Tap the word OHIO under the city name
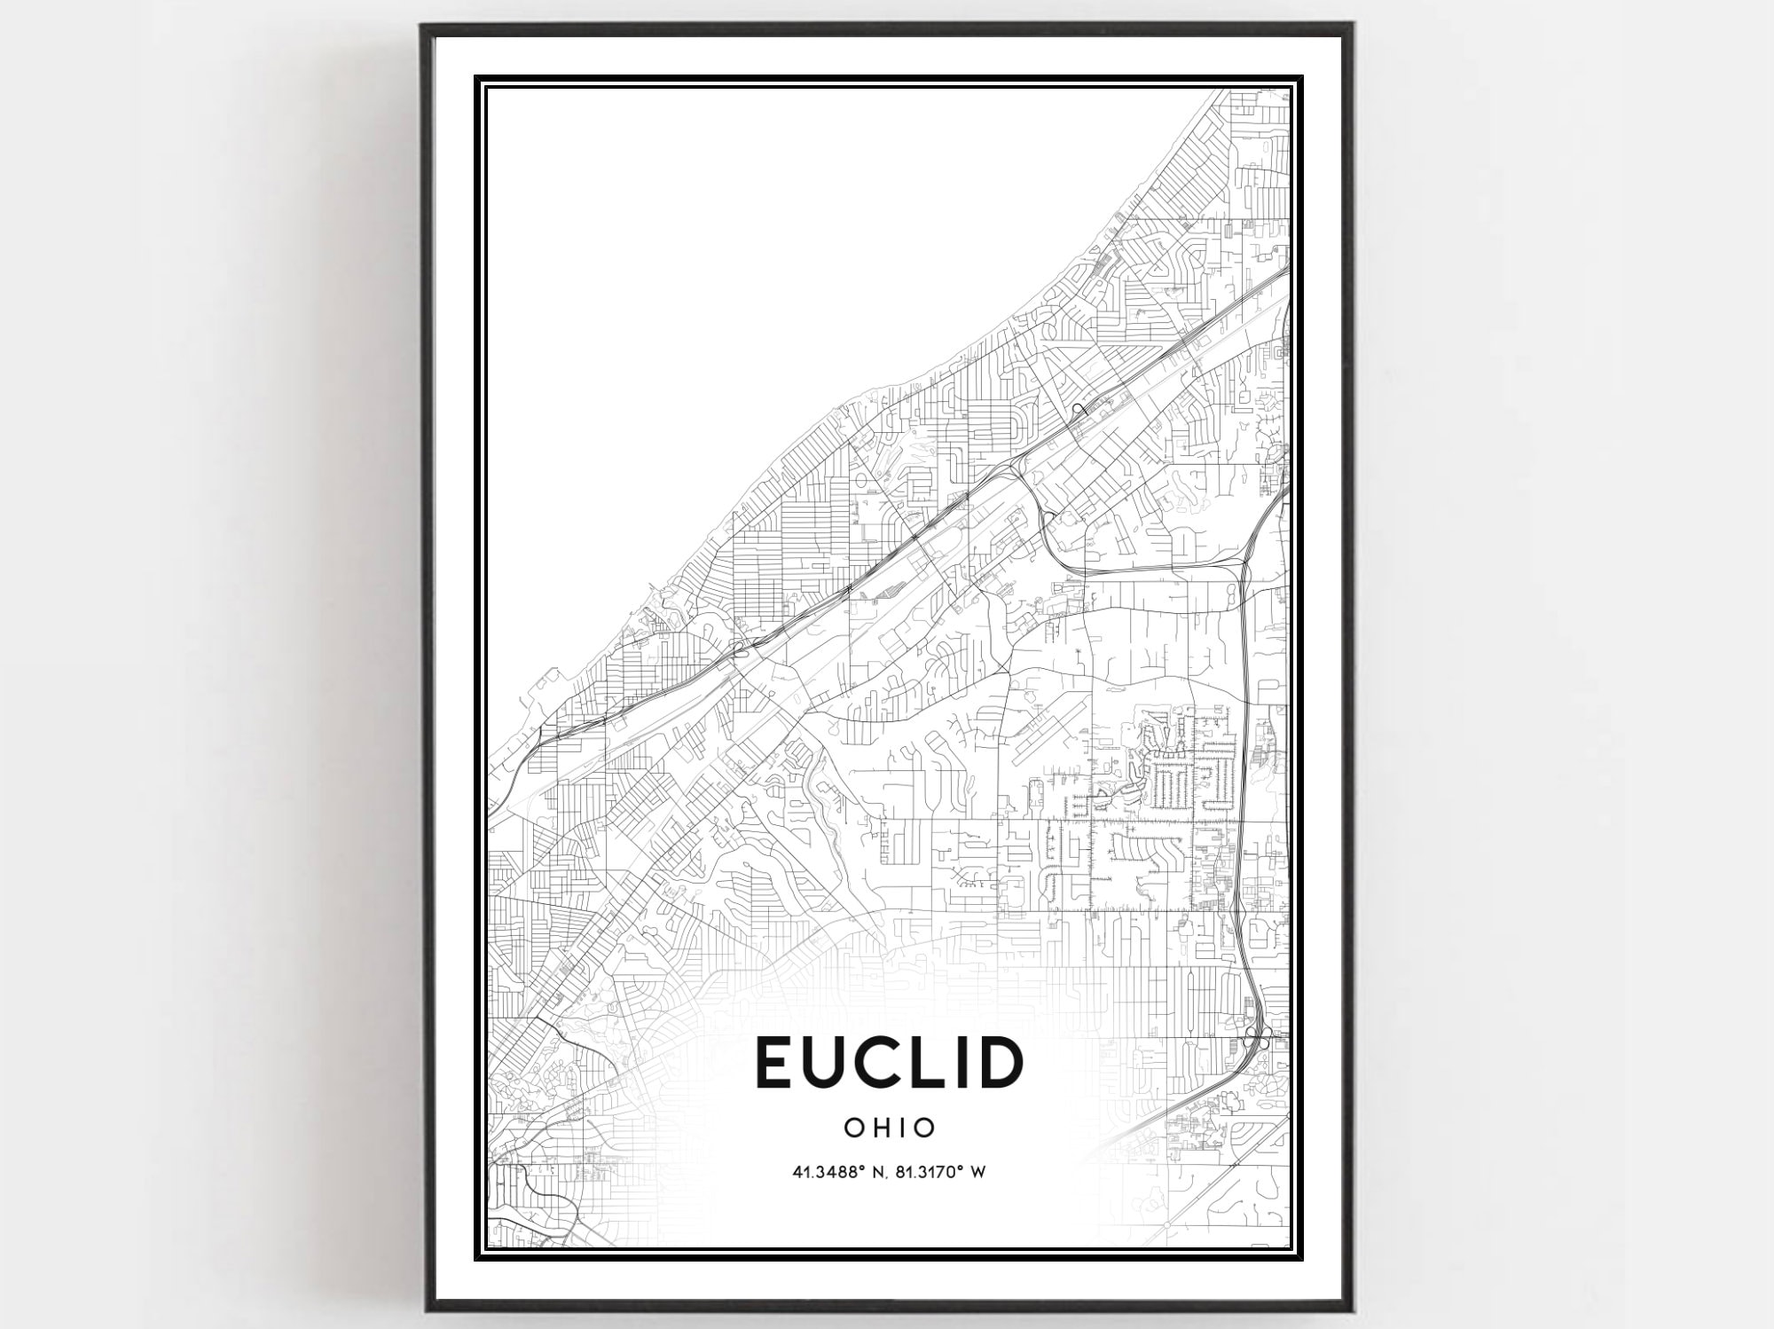[890, 1128]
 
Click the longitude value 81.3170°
[933, 1173]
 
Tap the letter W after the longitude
[978, 1173]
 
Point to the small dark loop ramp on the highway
[1079, 409]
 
